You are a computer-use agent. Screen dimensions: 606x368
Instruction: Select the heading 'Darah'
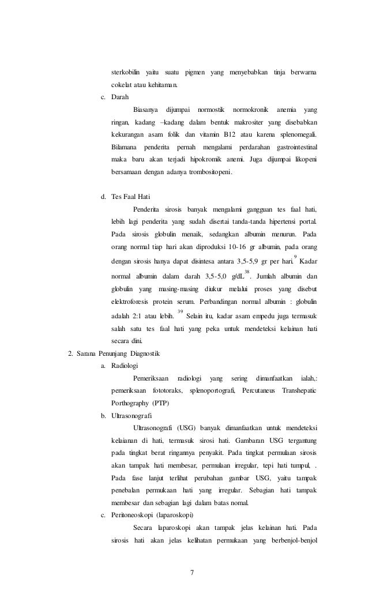(120, 96)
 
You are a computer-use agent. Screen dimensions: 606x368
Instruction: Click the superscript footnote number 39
(181, 312)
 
